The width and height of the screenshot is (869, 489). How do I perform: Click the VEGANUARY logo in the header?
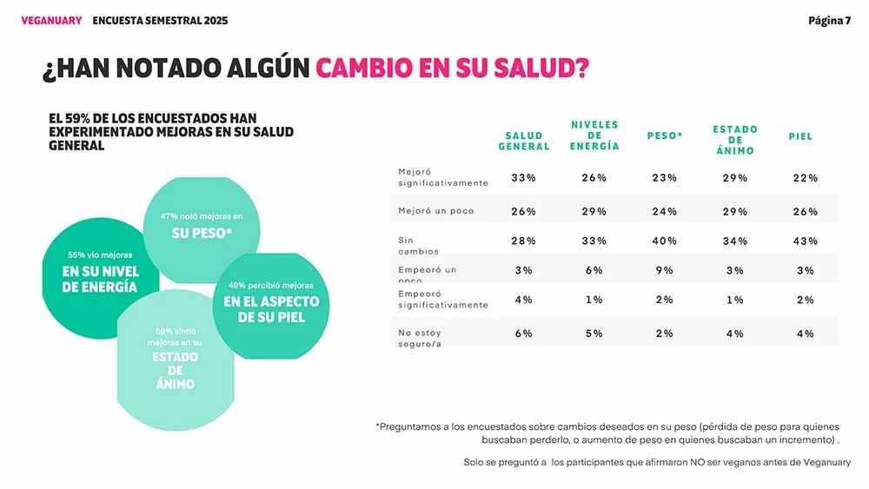pos(50,21)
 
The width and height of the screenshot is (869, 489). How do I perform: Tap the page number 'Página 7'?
pos(829,21)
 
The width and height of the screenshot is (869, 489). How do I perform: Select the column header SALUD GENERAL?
pos(524,141)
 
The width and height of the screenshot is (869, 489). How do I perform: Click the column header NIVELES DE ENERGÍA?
pos(594,135)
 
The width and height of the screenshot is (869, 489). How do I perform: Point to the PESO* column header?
pos(665,136)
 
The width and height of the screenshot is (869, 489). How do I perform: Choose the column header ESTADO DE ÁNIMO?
pos(735,140)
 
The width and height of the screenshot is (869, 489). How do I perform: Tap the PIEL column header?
pos(800,136)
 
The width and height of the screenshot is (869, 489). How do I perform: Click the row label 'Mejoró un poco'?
pos(436,211)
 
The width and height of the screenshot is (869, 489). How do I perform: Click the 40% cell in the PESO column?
pos(665,241)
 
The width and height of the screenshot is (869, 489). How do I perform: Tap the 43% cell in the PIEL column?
pos(806,241)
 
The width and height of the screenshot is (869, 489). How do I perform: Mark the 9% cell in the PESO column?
pos(665,270)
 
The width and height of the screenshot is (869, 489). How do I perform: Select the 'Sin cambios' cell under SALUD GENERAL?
pos(523,241)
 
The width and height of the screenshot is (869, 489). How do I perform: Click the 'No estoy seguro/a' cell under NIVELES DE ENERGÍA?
pos(594,334)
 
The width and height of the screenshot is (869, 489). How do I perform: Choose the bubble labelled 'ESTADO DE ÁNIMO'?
pos(176,365)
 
